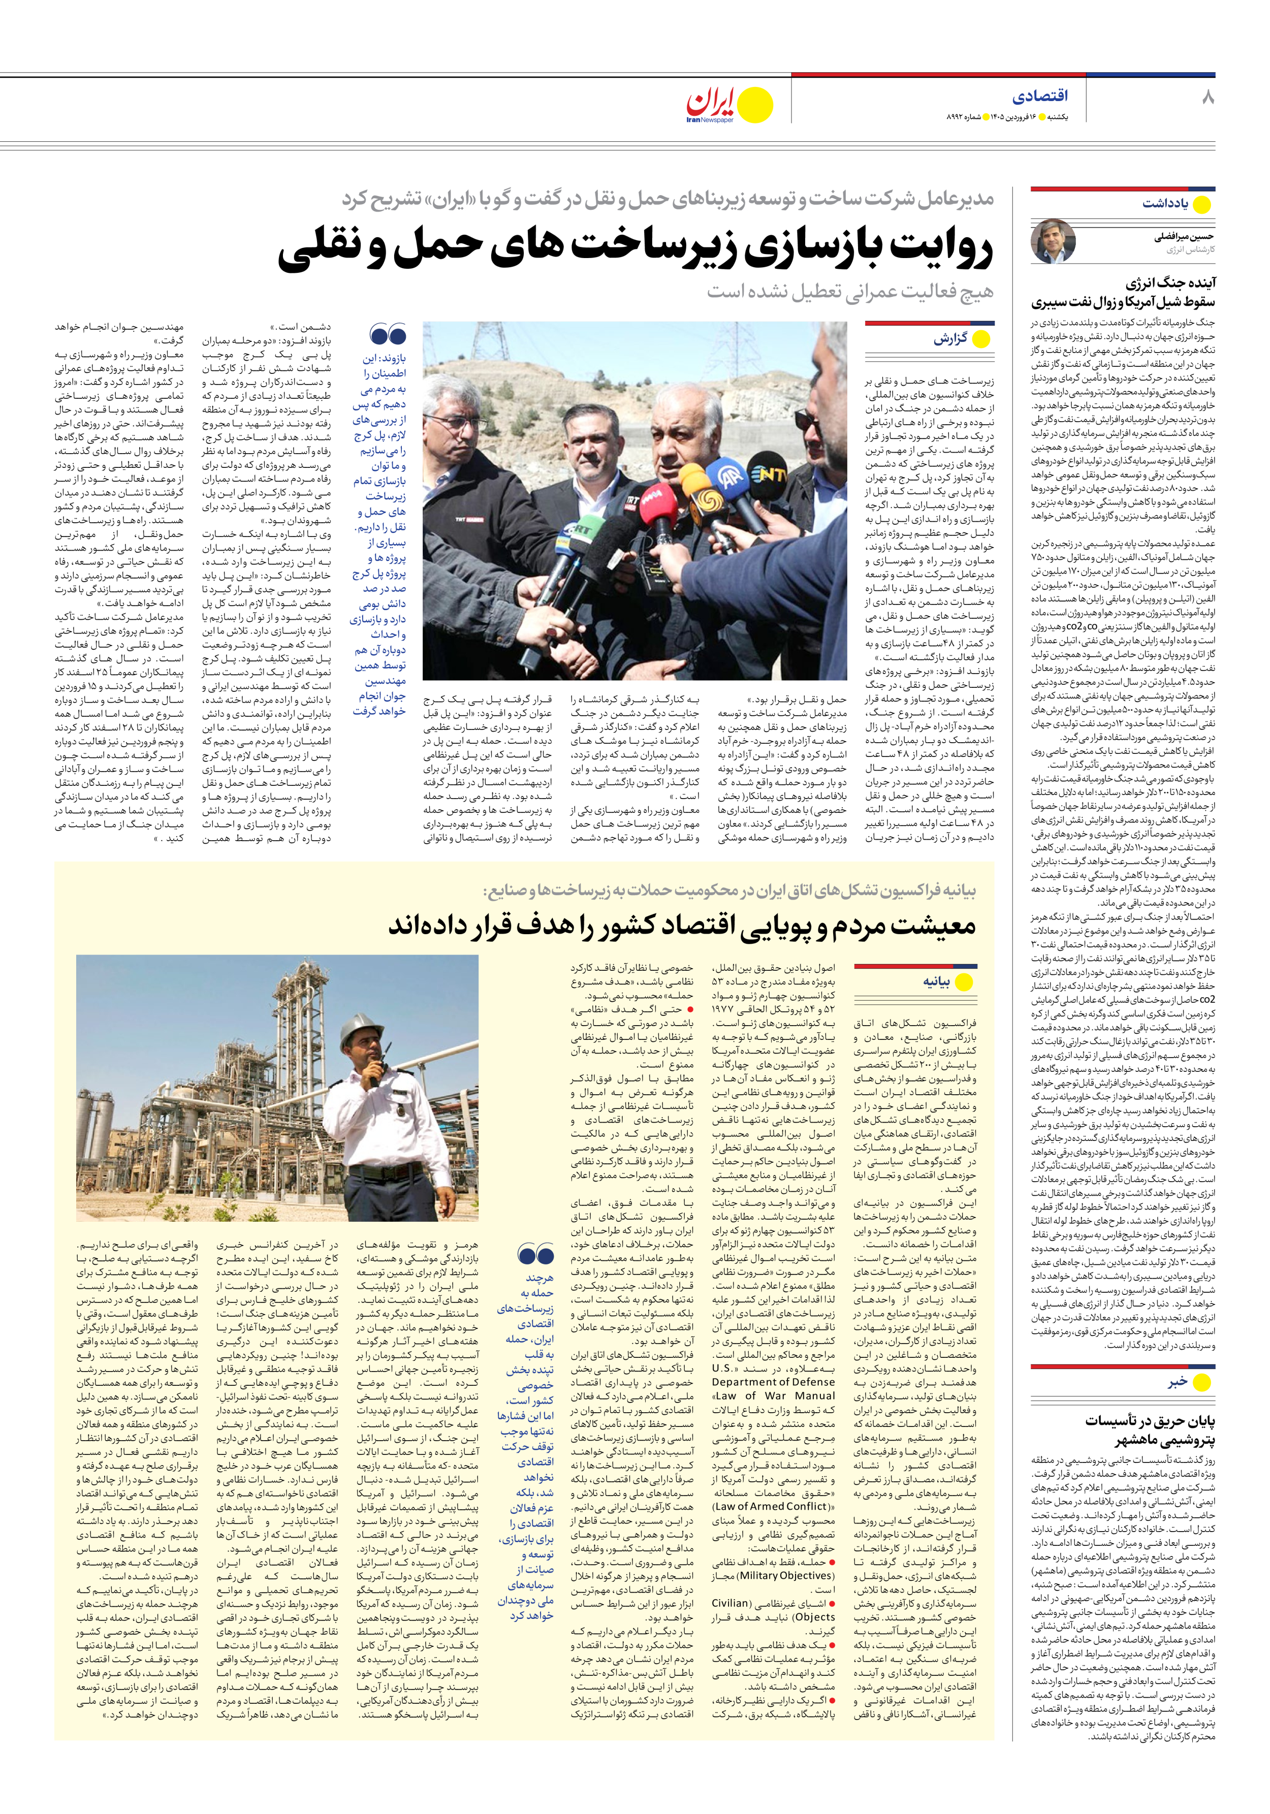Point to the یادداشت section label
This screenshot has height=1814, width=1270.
point(1165,204)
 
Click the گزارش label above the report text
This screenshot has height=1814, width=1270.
point(950,339)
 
